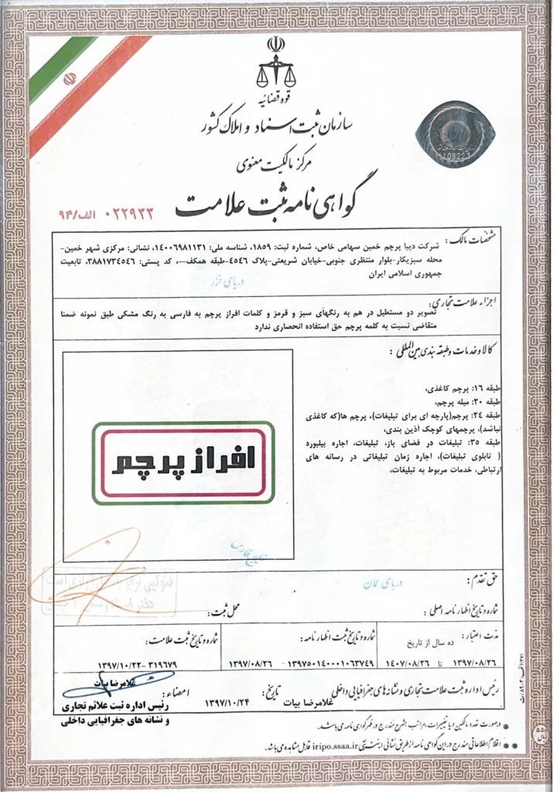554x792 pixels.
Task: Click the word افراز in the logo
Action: tap(220, 461)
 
